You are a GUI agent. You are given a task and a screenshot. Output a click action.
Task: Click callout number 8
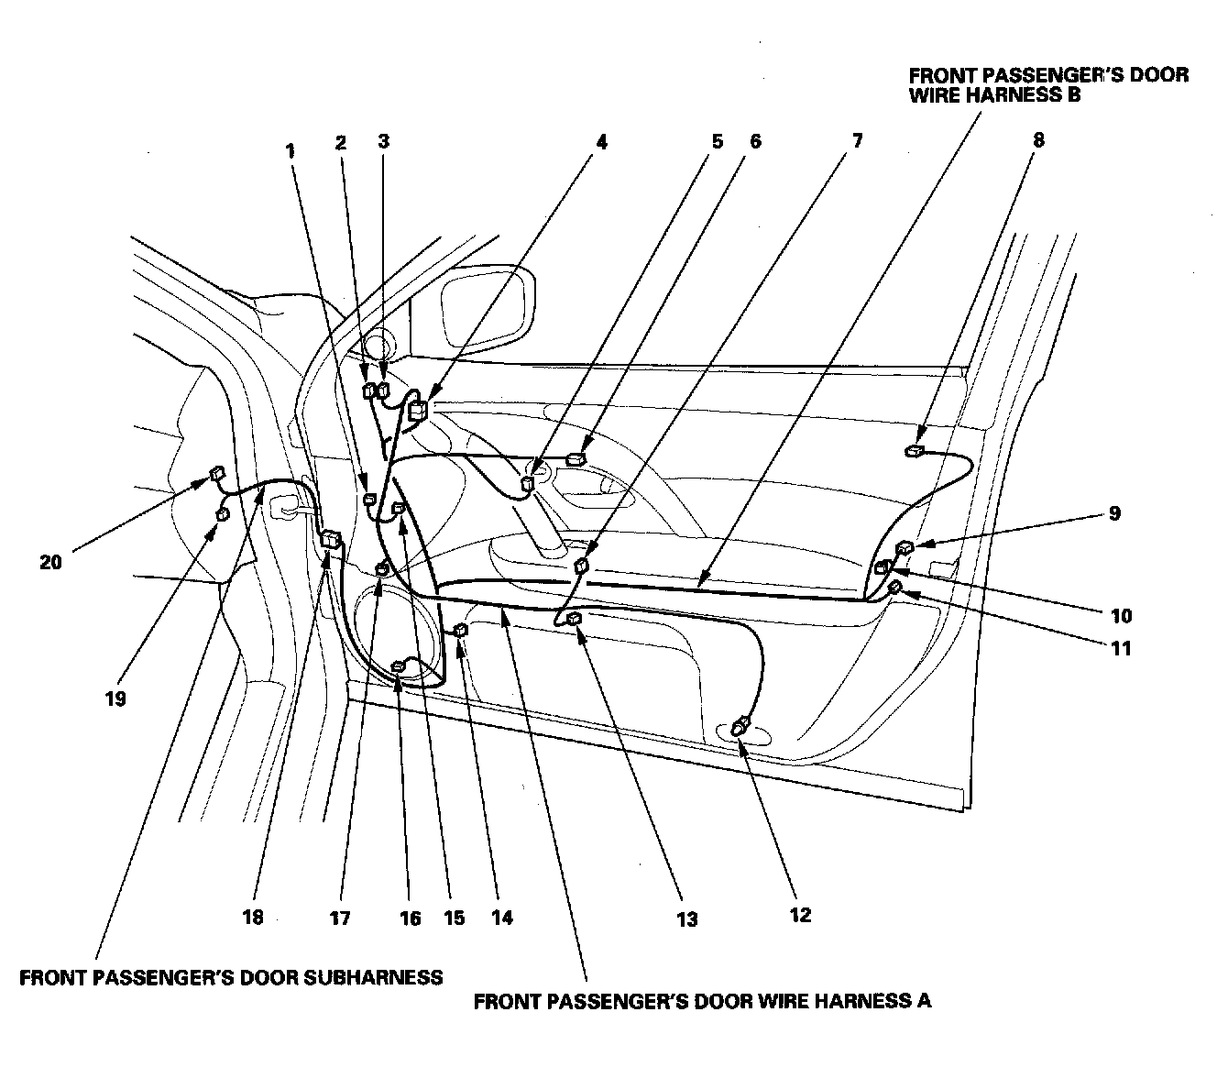(x=1037, y=141)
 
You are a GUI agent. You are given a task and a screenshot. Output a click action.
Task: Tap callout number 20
(x=50, y=562)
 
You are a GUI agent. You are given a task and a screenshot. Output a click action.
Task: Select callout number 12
(x=800, y=914)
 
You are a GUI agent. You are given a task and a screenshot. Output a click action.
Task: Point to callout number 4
(x=601, y=142)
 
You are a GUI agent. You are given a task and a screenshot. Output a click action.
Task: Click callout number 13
(x=686, y=918)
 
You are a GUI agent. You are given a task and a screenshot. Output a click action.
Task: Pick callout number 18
(x=253, y=917)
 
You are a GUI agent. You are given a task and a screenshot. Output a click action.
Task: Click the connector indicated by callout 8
(x=915, y=451)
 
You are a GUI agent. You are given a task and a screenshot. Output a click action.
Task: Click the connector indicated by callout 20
(x=216, y=474)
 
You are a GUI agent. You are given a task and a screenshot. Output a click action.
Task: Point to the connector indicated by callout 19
(x=222, y=515)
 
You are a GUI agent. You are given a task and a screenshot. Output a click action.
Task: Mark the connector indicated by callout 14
(x=461, y=630)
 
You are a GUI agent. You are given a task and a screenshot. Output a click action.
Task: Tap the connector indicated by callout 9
(x=905, y=548)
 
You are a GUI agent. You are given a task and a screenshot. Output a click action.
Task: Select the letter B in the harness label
(x=1072, y=94)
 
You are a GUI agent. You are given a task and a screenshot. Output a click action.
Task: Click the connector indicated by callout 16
(x=399, y=666)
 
